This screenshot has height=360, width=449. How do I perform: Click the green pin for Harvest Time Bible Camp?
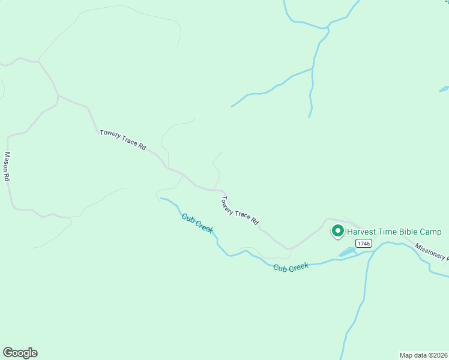tap(337, 230)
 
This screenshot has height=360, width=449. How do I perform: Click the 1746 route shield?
tap(363, 243)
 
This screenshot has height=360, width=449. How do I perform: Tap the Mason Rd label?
tap(8, 166)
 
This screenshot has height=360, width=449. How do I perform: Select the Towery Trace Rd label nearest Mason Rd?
tap(123, 140)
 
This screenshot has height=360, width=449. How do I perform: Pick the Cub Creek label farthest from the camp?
tap(197, 224)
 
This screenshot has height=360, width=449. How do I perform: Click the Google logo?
tap(20, 353)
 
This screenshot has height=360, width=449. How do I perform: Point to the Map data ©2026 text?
tap(423, 355)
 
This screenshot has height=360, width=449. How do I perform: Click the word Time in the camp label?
tap(388, 232)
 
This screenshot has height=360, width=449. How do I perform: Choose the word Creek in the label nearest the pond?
tap(298, 266)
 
